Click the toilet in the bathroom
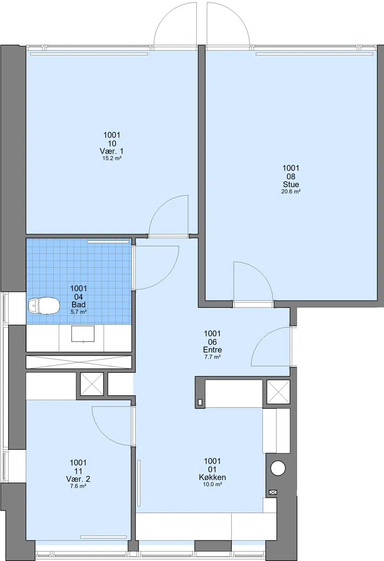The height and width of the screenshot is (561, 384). click(x=43, y=306)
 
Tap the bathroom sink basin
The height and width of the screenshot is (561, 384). click(x=83, y=334)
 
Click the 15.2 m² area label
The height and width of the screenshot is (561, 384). click(x=112, y=158)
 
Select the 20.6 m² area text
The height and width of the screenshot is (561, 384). click(x=291, y=191)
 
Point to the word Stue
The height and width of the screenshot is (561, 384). click(x=291, y=185)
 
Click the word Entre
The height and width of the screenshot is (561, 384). click(x=212, y=350)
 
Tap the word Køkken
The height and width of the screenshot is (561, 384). click(x=212, y=477)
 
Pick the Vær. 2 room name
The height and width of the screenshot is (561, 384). click(x=78, y=479)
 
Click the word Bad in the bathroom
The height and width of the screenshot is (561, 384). click(x=78, y=304)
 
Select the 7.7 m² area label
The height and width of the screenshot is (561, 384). click(x=212, y=357)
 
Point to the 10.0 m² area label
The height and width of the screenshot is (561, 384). click(x=212, y=484)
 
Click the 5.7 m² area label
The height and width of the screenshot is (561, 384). click(x=78, y=311)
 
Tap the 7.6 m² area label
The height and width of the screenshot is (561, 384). click(x=78, y=486)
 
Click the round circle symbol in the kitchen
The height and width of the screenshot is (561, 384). click(x=278, y=468)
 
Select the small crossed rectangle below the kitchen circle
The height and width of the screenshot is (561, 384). click(x=273, y=492)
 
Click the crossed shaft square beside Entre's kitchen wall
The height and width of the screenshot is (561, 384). click(x=278, y=392)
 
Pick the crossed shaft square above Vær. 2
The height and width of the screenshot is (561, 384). click(x=92, y=384)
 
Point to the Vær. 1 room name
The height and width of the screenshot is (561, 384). click(x=112, y=151)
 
